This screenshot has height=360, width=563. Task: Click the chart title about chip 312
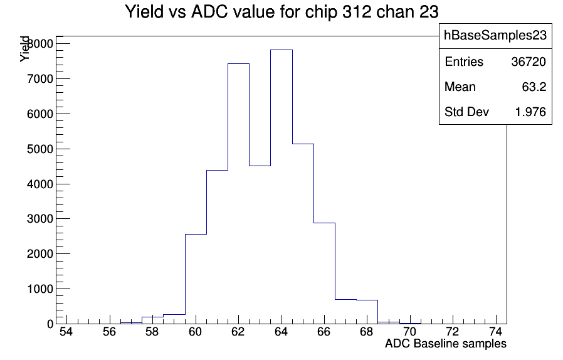tap(281, 12)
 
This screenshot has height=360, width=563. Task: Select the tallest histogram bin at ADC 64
tap(281, 187)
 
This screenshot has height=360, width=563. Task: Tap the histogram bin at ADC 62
tap(238, 194)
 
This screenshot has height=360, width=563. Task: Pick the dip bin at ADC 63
tap(260, 245)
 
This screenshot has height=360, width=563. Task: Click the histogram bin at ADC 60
tap(196, 279)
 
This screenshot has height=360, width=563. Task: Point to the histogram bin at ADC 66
tap(324, 273)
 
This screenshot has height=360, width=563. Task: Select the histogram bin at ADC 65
tap(303, 234)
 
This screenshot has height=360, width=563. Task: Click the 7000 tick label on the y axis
tap(40, 79)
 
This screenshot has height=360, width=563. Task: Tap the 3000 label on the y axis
tap(40, 219)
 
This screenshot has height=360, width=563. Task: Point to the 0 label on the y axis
tap(50, 324)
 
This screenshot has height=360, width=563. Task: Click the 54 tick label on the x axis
tap(66, 332)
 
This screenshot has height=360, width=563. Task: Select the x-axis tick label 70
tap(409, 332)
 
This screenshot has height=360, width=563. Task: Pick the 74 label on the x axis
tap(495, 332)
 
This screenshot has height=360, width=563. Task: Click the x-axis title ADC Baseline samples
tap(446, 344)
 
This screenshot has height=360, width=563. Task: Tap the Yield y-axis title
tap(24, 49)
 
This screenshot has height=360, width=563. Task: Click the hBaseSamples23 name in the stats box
tap(495, 35)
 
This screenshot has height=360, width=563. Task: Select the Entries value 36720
tap(529, 62)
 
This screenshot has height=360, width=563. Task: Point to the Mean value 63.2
tap(534, 87)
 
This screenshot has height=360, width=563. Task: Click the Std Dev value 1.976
tap(530, 112)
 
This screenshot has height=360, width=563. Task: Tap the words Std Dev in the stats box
tap(467, 112)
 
